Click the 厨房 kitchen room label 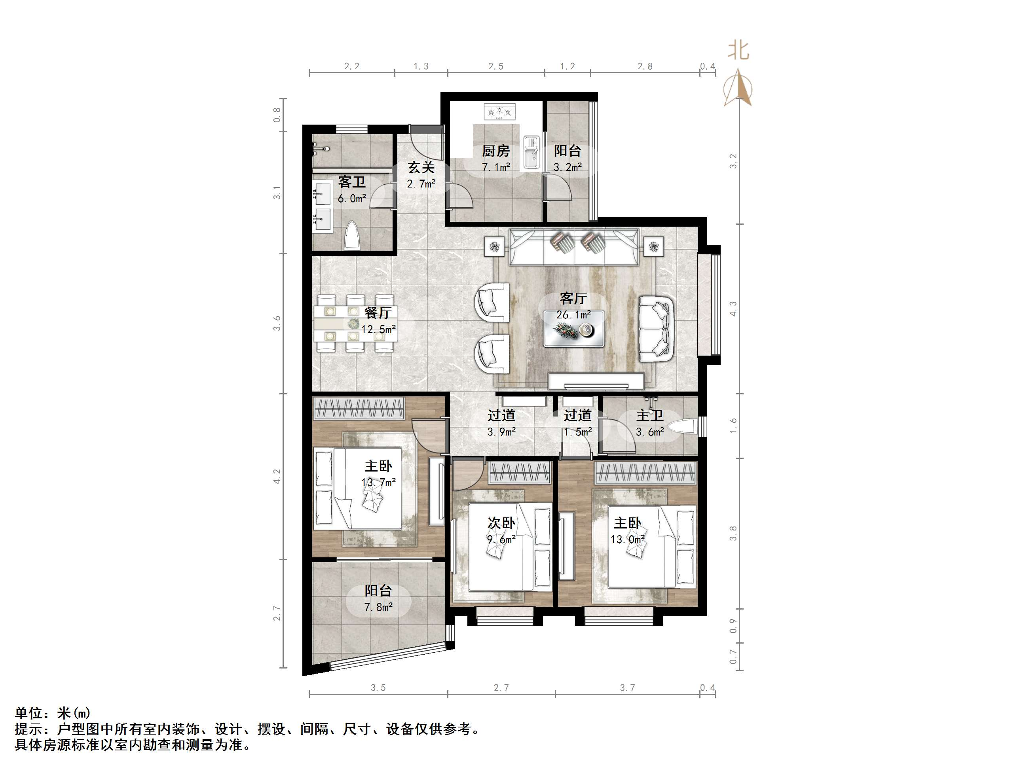coord(496,151)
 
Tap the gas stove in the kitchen coord(499,112)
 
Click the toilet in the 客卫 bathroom coord(352,236)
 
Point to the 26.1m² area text coord(573,315)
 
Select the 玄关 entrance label coord(421,167)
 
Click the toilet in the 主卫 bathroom coord(683,426)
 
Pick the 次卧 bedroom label coord(501,523)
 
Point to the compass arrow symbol coord(738,88)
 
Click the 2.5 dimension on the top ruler coord(496,66)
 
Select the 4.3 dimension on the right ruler coord(733,309)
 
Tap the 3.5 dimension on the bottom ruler coord(378,688)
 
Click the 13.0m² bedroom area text coord(628,540)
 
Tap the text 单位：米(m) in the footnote coord(53,713)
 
